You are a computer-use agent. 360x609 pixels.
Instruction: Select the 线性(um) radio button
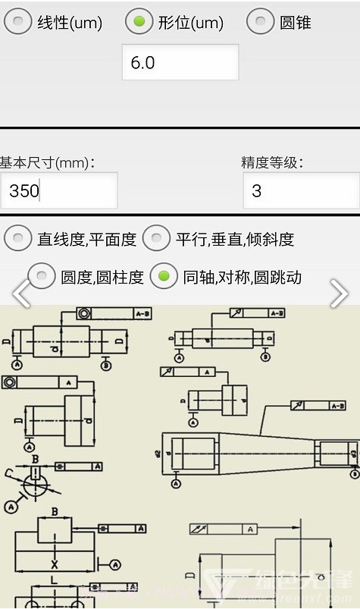click(18, 21)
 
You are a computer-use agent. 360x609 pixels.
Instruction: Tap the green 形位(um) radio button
click(139, 21)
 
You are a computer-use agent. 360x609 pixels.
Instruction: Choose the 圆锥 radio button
click(261, 21)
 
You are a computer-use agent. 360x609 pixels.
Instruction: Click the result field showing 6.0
click(180, 62)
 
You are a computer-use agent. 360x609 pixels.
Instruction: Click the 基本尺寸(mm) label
click(47, 162)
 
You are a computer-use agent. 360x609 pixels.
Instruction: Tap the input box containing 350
click(58, 190)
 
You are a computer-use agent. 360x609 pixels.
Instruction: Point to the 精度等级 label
click(272, 162)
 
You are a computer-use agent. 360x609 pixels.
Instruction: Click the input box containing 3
click(300, 190)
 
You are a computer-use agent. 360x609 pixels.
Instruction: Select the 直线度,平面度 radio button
click(18, 239)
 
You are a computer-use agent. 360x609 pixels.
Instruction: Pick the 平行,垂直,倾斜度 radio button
click(157, 239)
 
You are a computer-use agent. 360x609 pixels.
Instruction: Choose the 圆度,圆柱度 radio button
click(42, 277)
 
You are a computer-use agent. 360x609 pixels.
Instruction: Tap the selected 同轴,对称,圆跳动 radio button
click(164, 277)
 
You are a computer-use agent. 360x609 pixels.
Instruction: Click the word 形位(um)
click(191, 23)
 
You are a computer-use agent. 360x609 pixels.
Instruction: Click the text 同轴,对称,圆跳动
click(243, 278)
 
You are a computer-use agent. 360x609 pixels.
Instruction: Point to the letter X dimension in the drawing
click(54, 564)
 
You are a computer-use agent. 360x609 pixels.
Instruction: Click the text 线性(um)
click(70, 23)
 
